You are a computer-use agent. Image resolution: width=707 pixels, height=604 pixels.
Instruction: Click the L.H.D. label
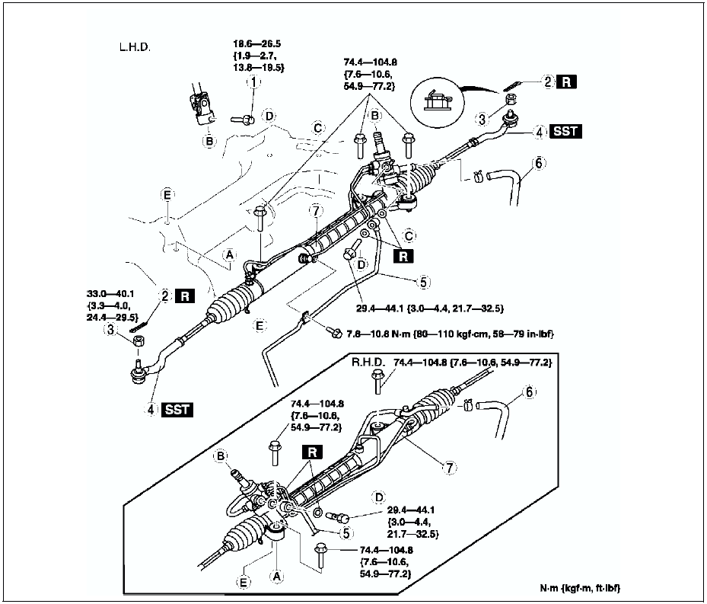pyautogui.click(x=135, y=47)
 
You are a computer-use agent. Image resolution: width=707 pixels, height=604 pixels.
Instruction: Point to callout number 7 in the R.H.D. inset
pyautogui.click(x=450, y=468)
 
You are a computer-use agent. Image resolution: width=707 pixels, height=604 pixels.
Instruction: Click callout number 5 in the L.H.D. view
pyautogui.click(x=423, y=281)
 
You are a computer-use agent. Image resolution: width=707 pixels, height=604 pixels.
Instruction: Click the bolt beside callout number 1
pyautogui.click(x=241, y=119)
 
